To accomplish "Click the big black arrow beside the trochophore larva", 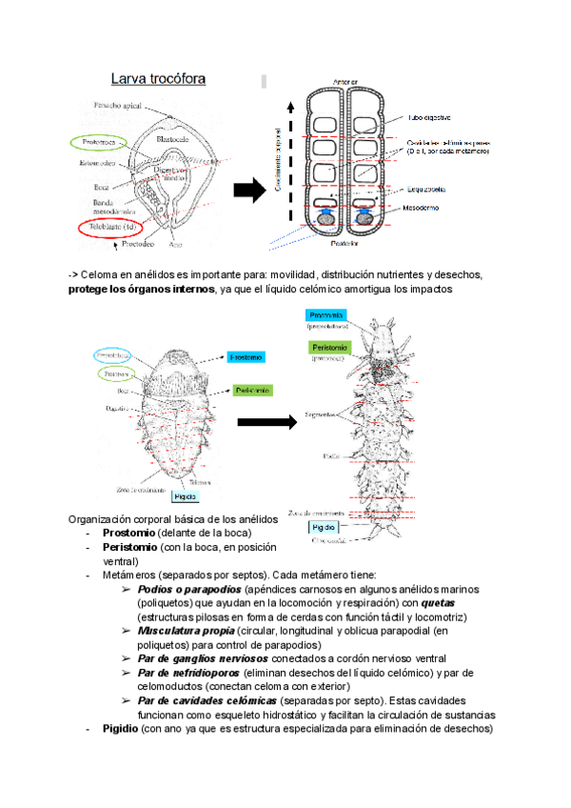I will (x=248, y=192).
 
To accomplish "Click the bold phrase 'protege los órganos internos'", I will (x=142, y=289).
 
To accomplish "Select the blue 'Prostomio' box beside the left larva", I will (x=246, y=357).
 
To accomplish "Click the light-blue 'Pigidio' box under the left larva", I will (x=185, y=495).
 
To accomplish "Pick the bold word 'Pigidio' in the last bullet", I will (x=120, y=729).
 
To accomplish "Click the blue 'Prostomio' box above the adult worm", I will (x=326, y=315).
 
